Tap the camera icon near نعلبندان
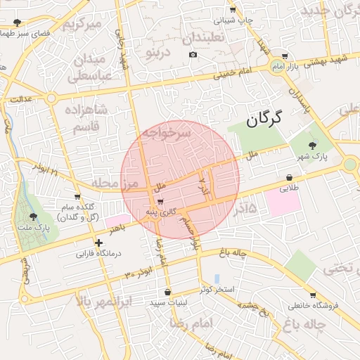[193, 55]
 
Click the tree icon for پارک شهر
[311, 144]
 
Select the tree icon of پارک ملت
[33, 217]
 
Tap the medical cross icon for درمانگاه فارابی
[99, 243]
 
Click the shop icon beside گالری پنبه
[162, 201]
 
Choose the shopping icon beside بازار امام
[284, 56]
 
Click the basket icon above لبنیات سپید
[167, 292]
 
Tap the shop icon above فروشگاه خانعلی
[312, 295]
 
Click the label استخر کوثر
[215, 289]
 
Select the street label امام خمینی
[233, 71]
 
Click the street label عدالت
[20, 100]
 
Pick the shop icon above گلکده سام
[77, 197]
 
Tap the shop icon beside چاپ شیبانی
[233, 11]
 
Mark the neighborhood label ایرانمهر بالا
[103, 302]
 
